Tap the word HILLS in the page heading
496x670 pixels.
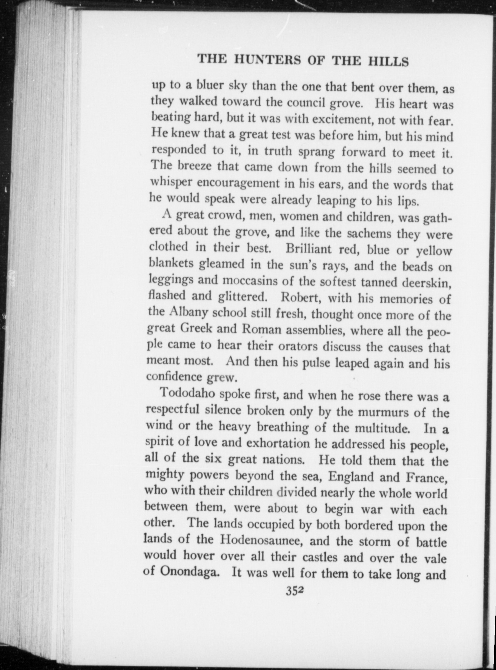coord(388,62)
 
